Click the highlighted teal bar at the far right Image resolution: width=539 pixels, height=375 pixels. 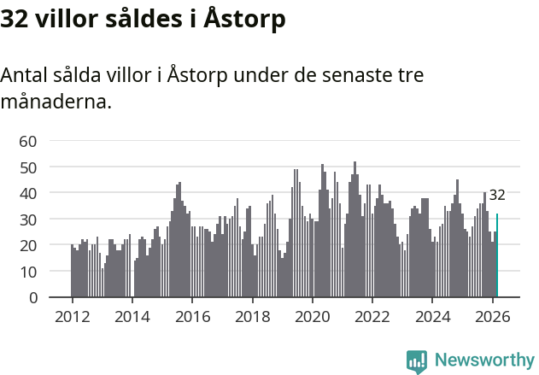click(x=497, y=256)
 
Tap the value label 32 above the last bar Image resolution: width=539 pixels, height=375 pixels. click(x=497, y=195)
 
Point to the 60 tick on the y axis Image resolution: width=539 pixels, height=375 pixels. click(x=28, y=141)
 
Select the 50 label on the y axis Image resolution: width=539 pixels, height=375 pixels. click(x=28, y=167)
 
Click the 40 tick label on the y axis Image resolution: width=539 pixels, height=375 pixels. click(x=28, y=193)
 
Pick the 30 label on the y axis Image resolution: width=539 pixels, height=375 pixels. click(x=28, y=220)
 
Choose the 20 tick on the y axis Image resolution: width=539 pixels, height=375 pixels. click(x=28, y=246)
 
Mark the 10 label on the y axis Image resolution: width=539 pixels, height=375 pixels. click(x=28, y=272)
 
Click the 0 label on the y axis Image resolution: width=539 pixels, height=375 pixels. click(x=33, y=298)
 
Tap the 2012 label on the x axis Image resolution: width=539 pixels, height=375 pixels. click(x=72, y=317)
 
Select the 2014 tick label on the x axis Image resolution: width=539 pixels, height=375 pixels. click(x=132, y=317)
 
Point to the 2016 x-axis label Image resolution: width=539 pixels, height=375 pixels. click(x=192, y=317)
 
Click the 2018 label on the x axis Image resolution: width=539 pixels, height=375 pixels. click(x=252, y=317)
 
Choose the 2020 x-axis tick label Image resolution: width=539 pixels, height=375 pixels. click(x=313, y=317)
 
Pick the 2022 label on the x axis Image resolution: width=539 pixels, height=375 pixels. click(x=372, y=317)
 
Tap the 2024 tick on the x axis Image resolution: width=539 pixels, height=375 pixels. click(x=433, y=317)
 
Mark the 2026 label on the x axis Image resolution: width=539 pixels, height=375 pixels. click(x=493, y=317)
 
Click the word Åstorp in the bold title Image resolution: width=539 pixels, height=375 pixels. click(x=244, y=19)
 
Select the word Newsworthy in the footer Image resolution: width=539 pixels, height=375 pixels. click(x=484, y=360)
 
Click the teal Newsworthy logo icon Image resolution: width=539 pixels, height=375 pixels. click(x=417, y=360)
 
